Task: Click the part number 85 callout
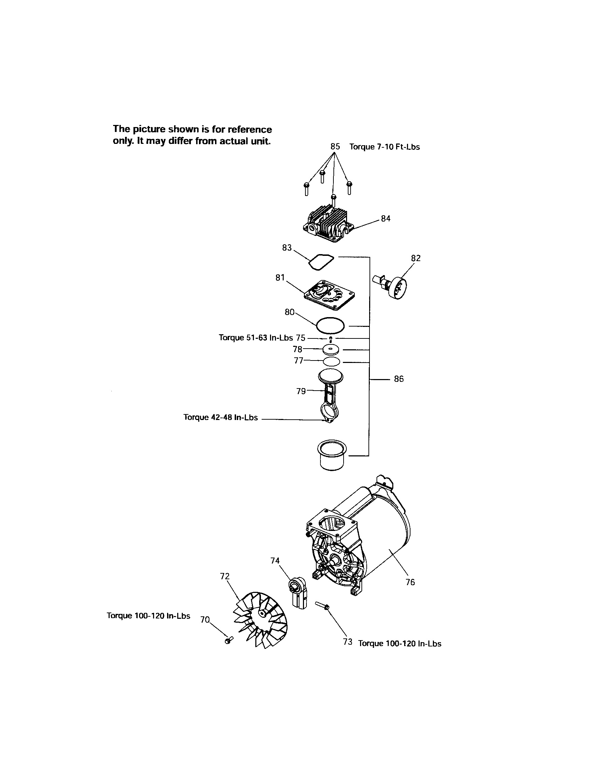[335, 146]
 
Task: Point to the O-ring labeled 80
[330, 324]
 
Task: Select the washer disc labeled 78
[332, 350]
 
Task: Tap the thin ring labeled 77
[332, 362]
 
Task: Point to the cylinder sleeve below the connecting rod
[333, 455]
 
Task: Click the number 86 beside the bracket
[399, 379]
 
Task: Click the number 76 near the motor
[410, 582]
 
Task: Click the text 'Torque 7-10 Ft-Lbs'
[385, 147]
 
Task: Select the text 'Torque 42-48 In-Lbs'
[220, 418]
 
